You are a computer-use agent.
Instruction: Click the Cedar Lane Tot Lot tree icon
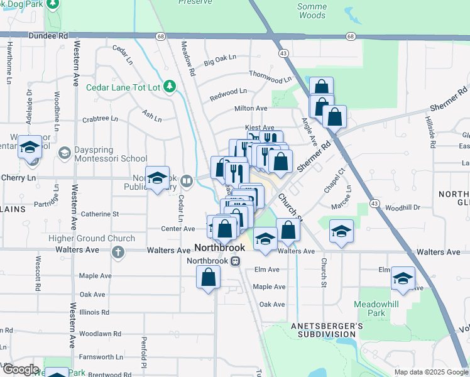coord(169,86)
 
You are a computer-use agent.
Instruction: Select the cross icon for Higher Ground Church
coord(117,252)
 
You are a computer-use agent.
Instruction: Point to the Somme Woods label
coord(312,11)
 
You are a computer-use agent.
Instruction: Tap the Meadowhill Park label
coord(377,308)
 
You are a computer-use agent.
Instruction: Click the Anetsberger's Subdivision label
coord(327,330)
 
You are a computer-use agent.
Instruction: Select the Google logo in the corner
coord(20,369)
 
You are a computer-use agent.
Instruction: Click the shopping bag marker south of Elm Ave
coord(209,277)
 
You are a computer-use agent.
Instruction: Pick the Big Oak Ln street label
coord(220,60)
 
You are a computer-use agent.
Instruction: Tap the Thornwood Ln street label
coord(270,77)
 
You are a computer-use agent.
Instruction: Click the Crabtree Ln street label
coord(100,118)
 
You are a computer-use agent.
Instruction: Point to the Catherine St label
coord(99,214)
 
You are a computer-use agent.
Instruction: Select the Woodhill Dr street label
coord(402,207)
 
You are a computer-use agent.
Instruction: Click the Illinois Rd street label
coord(95,312)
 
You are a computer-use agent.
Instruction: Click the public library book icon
coord(187,182)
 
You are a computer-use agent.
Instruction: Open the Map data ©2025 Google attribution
coord(430,372)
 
